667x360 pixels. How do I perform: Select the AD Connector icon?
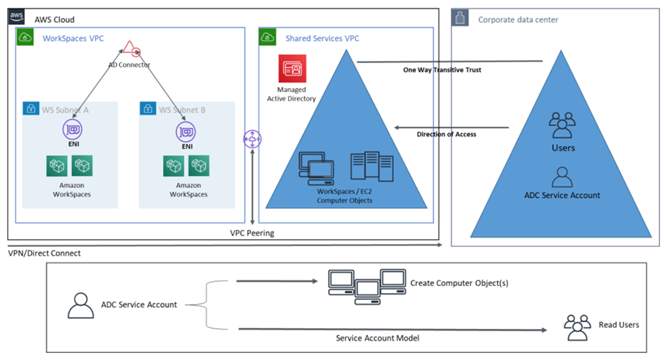click(130, 48)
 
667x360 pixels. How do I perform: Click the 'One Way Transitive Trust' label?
click(442, 70)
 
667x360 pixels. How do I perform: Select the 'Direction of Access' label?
click(446, 134)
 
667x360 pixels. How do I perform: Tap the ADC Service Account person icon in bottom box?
click(79, 305)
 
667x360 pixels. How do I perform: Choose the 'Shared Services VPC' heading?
click(322, 38)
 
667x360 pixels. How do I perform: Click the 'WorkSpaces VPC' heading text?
click(74, 37)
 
